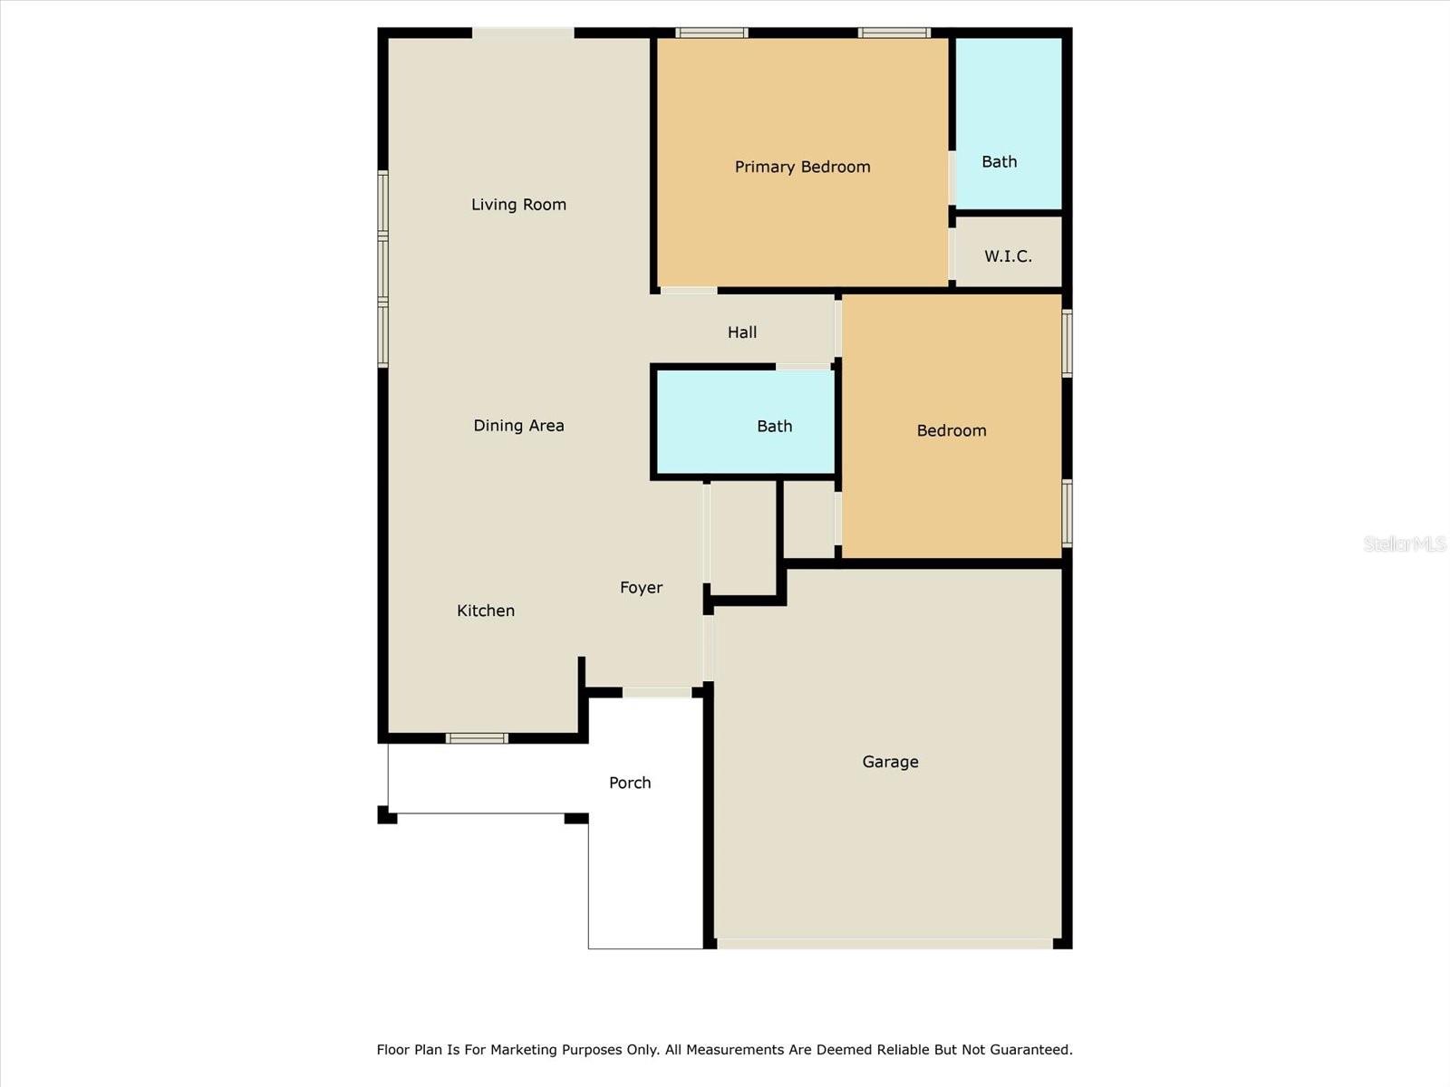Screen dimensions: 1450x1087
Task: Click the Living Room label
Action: tap(518, 205)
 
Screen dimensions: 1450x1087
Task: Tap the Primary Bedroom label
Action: tap(803, 167)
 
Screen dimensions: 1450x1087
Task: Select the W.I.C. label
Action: tap(1008, 256)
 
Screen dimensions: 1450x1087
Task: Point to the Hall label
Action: tap(742, 332)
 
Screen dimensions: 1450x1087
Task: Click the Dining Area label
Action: tap(518, 426)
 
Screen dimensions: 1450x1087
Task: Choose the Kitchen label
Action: tap(486, 611)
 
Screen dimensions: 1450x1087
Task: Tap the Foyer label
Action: tap(641, 587)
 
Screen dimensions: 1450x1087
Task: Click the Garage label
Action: tap(890, 762)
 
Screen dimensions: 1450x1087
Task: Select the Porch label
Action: tap(630, 783)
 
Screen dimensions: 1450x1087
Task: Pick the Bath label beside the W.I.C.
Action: tap(999, 162)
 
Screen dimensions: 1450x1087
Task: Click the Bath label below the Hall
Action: tap(774, 427)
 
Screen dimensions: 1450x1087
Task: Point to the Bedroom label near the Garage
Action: tap(952, 431)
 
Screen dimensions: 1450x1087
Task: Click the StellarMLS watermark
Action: tap(1405, 543)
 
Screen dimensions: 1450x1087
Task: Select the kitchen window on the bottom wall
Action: tap(477, 738)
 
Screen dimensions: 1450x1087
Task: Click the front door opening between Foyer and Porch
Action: tap(657, 692)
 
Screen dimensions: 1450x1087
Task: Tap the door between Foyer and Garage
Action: tap(708, 648)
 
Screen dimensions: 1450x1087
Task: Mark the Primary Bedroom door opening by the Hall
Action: tap(689, 291)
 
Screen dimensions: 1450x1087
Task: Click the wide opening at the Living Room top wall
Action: tap(523, 33)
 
